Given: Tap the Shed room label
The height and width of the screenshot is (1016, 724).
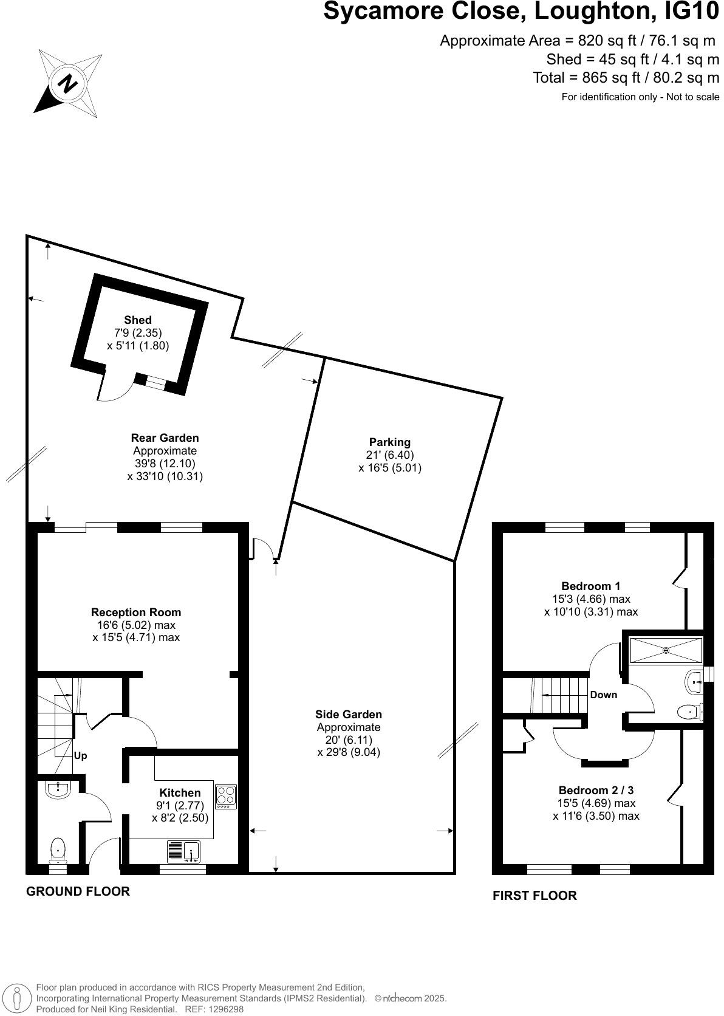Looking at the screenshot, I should [138, 320].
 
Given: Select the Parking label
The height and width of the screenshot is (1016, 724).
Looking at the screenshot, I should [389, 442].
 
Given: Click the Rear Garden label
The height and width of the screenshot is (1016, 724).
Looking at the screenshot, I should [165, 438].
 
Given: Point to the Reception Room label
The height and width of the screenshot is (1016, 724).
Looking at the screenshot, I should [136, 612].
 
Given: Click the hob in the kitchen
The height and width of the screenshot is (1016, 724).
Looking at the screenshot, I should [226, 796].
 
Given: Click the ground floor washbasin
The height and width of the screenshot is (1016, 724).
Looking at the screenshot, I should [58, 789].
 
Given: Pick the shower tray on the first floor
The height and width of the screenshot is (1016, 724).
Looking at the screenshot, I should [666, 650].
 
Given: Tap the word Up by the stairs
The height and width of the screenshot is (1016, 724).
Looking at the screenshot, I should [80, 756].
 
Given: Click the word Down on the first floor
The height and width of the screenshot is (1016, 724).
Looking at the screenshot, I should [603, 695].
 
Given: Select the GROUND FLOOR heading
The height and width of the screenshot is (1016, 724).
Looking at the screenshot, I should [78, 891].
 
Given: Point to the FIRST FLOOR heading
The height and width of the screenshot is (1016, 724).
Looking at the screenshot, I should [534, 895].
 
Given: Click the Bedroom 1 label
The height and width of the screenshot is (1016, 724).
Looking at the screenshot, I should [591, 586].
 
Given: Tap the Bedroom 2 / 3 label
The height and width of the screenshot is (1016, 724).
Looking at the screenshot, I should [596, 790].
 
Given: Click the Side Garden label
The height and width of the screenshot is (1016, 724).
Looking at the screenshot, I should [349, 714].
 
